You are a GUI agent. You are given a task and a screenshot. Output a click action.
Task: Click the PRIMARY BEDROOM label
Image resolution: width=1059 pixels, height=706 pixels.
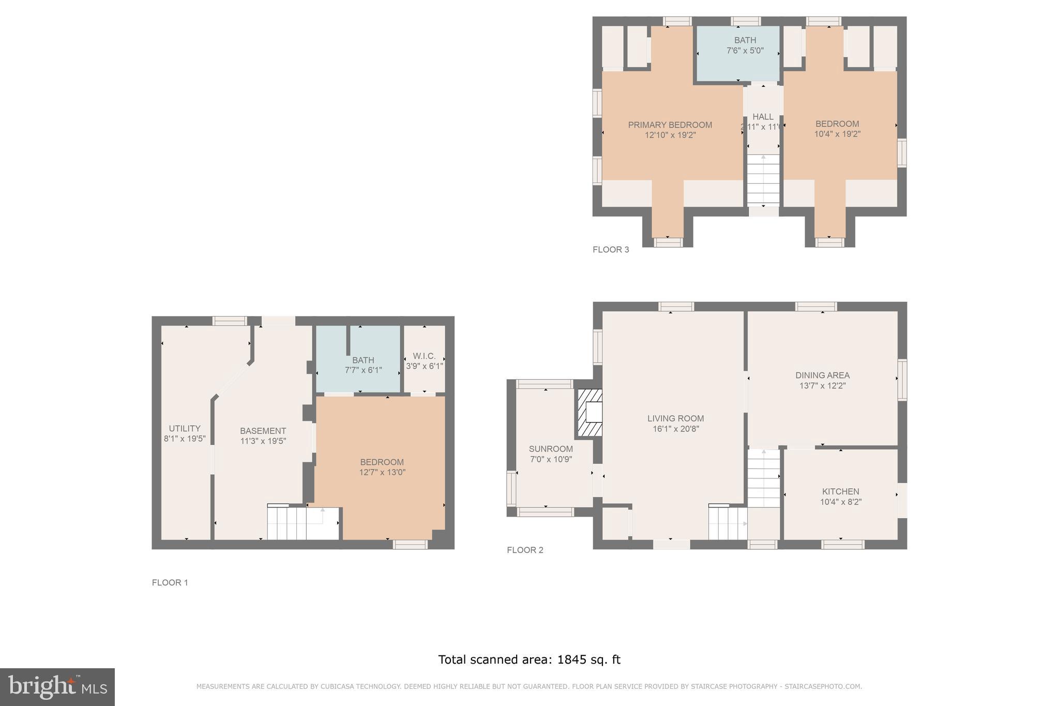click(670, 125)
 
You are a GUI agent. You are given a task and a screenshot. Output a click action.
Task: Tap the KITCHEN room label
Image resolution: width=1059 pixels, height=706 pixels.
click(840, 491)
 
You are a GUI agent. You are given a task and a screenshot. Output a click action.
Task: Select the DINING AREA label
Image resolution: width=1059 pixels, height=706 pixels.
click(822, 375)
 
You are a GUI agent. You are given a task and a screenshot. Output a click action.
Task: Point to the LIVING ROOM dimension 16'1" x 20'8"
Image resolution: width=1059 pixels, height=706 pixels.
click(675, 429)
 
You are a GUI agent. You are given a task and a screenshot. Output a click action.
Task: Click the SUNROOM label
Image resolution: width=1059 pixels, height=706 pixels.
click(551, 449)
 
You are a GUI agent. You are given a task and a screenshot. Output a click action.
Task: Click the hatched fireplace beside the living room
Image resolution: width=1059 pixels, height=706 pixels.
click(590, 413)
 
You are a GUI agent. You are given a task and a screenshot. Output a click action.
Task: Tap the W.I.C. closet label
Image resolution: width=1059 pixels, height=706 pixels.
click(424, 356)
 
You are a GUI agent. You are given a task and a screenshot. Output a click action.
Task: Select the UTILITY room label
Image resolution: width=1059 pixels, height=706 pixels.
click(185, 428)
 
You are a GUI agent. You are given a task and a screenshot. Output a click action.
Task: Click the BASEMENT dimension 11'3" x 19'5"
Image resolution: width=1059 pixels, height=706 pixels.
click(263, 441)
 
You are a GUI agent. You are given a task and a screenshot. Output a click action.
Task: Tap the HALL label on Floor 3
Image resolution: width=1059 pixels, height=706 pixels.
click(763, 117)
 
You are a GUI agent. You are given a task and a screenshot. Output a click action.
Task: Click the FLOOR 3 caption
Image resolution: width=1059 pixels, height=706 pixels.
click(611, 250)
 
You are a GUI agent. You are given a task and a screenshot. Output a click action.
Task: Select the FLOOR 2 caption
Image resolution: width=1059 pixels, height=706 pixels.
click(525, 550)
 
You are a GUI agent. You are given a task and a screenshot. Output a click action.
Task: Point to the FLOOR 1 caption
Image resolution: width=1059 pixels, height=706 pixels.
click(170, 583)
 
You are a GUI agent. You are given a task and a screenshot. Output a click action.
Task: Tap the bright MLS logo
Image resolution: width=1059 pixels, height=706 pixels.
click(57, 687)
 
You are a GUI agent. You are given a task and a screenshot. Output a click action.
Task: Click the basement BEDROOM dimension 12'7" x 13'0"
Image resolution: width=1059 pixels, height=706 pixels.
click(382, 472)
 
